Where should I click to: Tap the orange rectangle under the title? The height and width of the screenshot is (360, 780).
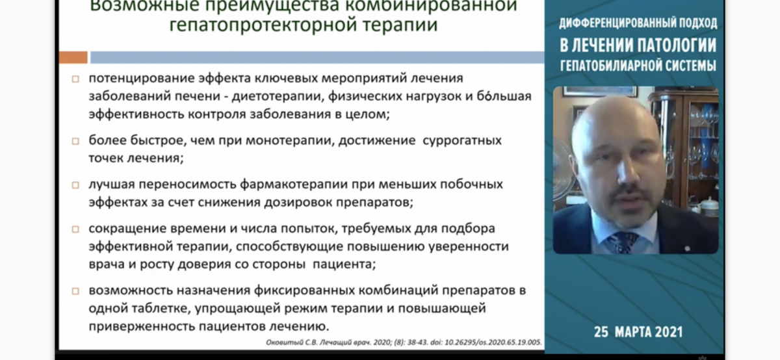click(73, 57)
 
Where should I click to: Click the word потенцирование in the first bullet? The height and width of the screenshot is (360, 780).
click(142, 79)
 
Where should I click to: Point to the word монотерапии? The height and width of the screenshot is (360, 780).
click(290, 140)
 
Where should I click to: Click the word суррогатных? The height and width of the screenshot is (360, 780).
click(462, 140)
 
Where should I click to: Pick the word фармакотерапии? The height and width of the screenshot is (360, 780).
click(294, 185)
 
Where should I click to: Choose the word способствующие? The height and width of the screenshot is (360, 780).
click(290, 247)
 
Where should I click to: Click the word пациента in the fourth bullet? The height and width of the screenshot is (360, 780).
click(344, 264)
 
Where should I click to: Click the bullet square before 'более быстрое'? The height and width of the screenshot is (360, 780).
click(75, 141)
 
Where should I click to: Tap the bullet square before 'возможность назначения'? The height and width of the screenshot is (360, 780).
click(75, 291)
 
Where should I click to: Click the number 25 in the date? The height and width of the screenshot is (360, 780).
click(601, 332)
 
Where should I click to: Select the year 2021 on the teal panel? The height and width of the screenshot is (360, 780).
click(669, 332)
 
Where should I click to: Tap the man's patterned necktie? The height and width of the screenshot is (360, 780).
click(622, 242)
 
